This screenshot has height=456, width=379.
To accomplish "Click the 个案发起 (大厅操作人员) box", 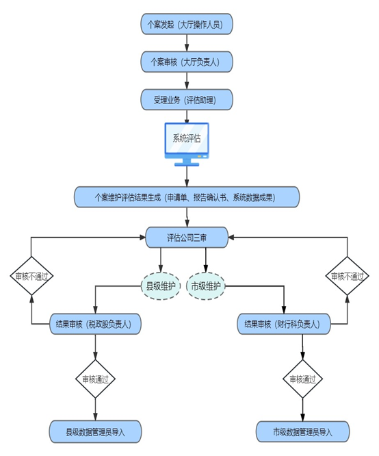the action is (187, 24).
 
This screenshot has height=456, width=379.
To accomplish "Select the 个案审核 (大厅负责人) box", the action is (187, 62).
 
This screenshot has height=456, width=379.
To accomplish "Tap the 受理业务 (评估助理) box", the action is (187, 100).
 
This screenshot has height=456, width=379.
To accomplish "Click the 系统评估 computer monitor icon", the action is (187, 144).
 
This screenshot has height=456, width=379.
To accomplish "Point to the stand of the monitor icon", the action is (187, 162).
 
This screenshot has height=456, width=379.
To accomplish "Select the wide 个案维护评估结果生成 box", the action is (187, 197).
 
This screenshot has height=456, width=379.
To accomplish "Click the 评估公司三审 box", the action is (187, 238).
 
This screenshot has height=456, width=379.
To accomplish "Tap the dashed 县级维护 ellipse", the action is (161, 286).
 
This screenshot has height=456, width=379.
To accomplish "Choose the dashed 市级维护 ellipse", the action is (205, 286).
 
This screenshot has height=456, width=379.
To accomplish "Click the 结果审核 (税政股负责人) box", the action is (95, 324).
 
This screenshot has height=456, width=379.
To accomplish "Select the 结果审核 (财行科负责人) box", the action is (284, 324).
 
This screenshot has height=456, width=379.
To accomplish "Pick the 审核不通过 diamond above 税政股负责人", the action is (31, 276).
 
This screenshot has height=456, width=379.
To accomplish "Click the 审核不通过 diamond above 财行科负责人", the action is (347, 276).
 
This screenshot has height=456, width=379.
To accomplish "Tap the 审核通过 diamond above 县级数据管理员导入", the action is (95, 379).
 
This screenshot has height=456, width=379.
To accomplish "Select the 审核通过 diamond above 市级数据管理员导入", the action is (302, 379).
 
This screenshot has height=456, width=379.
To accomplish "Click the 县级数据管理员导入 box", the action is (95, 432).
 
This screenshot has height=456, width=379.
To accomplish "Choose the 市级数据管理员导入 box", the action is (302, 432).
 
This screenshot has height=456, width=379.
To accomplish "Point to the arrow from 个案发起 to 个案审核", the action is (187, 43).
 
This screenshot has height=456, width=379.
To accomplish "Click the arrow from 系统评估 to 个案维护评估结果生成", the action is (187, 177).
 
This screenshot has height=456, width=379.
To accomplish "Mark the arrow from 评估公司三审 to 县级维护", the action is (161, 260).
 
